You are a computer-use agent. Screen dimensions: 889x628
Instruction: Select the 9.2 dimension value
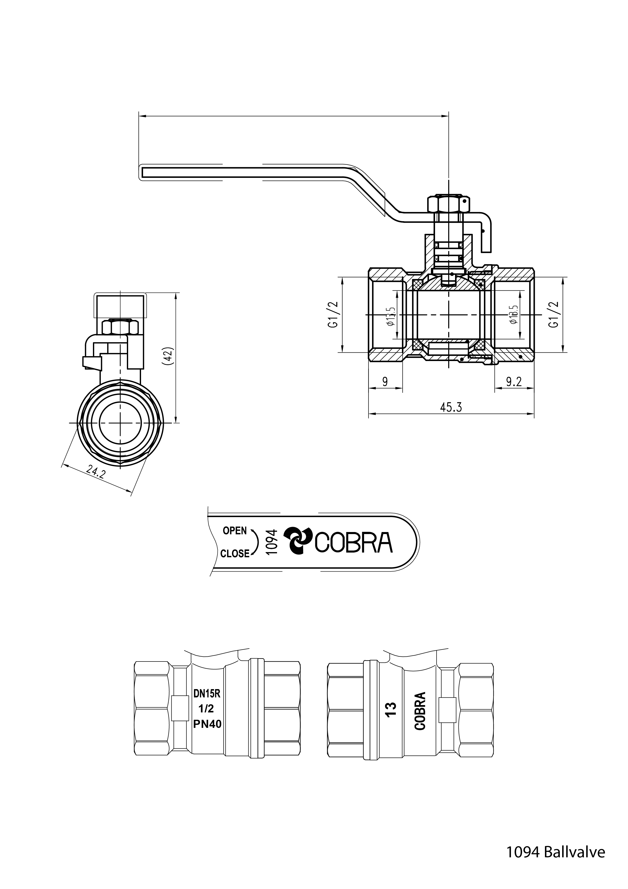(x=514, y=382)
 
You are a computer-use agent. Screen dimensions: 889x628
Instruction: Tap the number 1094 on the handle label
(x=272, y=542)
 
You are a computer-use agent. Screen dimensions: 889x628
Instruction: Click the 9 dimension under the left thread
(x=385, y=382)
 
